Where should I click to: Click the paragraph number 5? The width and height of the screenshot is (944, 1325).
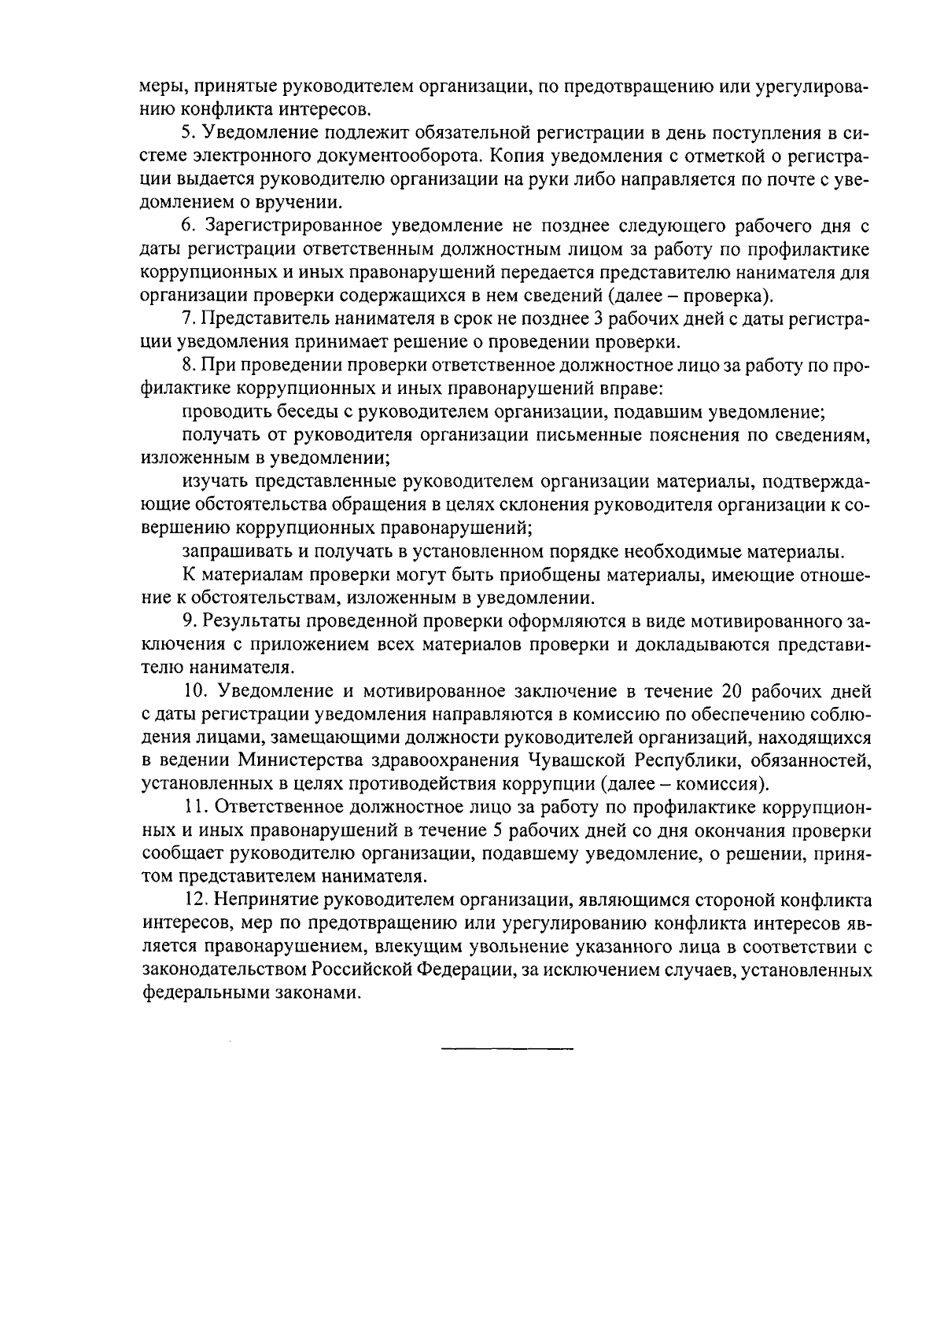click(186, 130)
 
